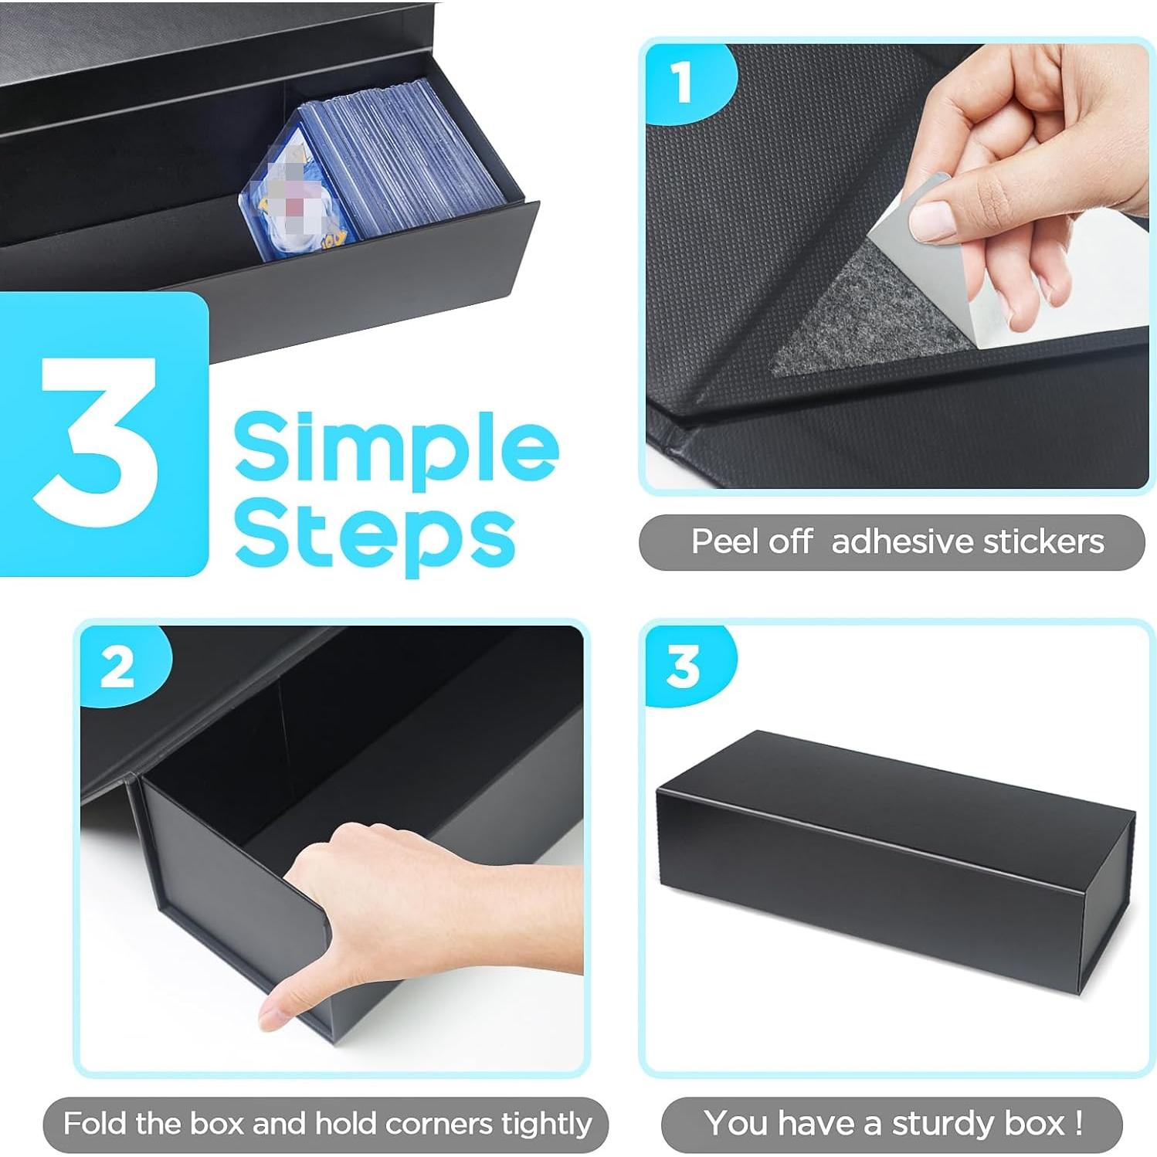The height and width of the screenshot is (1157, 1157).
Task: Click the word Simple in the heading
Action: pyautogui.click(x=395, y=446)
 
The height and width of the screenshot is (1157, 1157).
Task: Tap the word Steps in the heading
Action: pyautogui.click(x=375, y=534)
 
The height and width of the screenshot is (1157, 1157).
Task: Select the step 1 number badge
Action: pyautogui.click(x=681, y=83)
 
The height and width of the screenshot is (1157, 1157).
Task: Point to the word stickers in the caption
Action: pyautogui.click(x=1043, y=541)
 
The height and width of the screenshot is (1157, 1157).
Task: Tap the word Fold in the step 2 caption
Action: pyautogui.click(x=95, y=1123)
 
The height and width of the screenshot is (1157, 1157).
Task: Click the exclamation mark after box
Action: pyautogui.click(x=1078, y=1123)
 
